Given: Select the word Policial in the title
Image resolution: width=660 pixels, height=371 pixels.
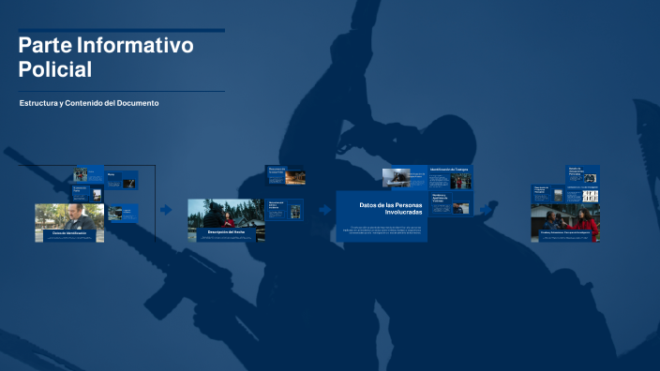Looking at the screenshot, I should [x=55, y=68].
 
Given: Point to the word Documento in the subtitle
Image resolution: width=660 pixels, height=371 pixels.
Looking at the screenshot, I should [x=136, y=102].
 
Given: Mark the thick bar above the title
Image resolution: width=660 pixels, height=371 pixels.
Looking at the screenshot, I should [x=121, y=30].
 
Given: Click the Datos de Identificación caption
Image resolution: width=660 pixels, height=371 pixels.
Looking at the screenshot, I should [x=69, y=233].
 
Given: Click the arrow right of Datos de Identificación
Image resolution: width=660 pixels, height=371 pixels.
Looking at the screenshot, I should [x=165, y=210].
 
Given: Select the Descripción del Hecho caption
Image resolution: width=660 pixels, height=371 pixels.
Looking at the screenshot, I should [x=226, y=230].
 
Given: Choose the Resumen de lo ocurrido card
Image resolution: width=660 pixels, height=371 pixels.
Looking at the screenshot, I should [x=286, y=174].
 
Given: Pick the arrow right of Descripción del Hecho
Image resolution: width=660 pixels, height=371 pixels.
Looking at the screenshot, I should [x=324, y=210].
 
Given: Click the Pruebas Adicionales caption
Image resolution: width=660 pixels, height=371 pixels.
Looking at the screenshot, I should [x=563, y=231].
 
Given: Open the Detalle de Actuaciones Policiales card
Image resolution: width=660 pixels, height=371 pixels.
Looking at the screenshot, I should [x=582, y=173].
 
